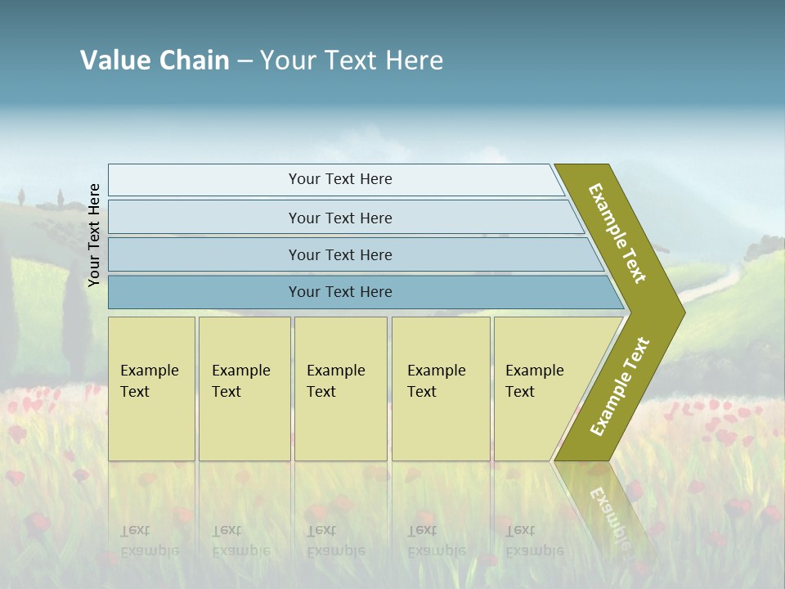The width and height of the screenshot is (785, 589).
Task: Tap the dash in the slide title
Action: (x=244, y=61)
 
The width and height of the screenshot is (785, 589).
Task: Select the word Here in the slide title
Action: (x=414, y=60)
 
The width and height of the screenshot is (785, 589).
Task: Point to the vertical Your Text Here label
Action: (x=94, y=235)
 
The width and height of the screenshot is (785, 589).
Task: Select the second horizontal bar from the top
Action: (x=339, y=218)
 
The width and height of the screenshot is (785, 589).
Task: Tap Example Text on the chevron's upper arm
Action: (x=617, y=233)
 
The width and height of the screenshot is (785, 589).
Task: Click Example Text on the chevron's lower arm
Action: (x=620, y=386)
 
